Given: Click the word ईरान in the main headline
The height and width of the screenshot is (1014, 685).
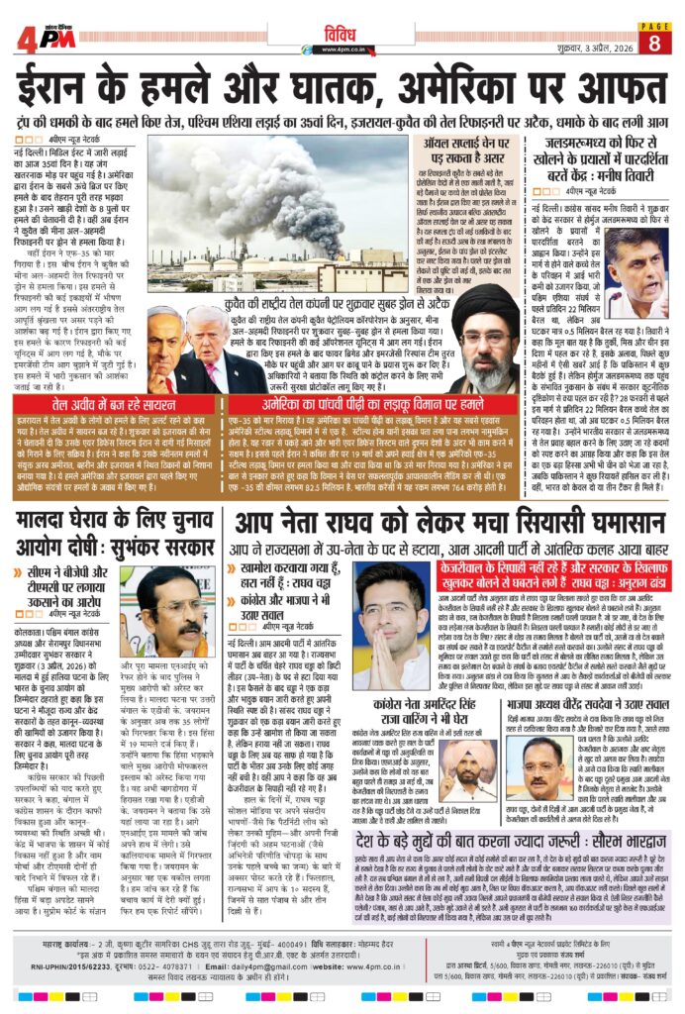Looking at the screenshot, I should coord(69,86).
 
